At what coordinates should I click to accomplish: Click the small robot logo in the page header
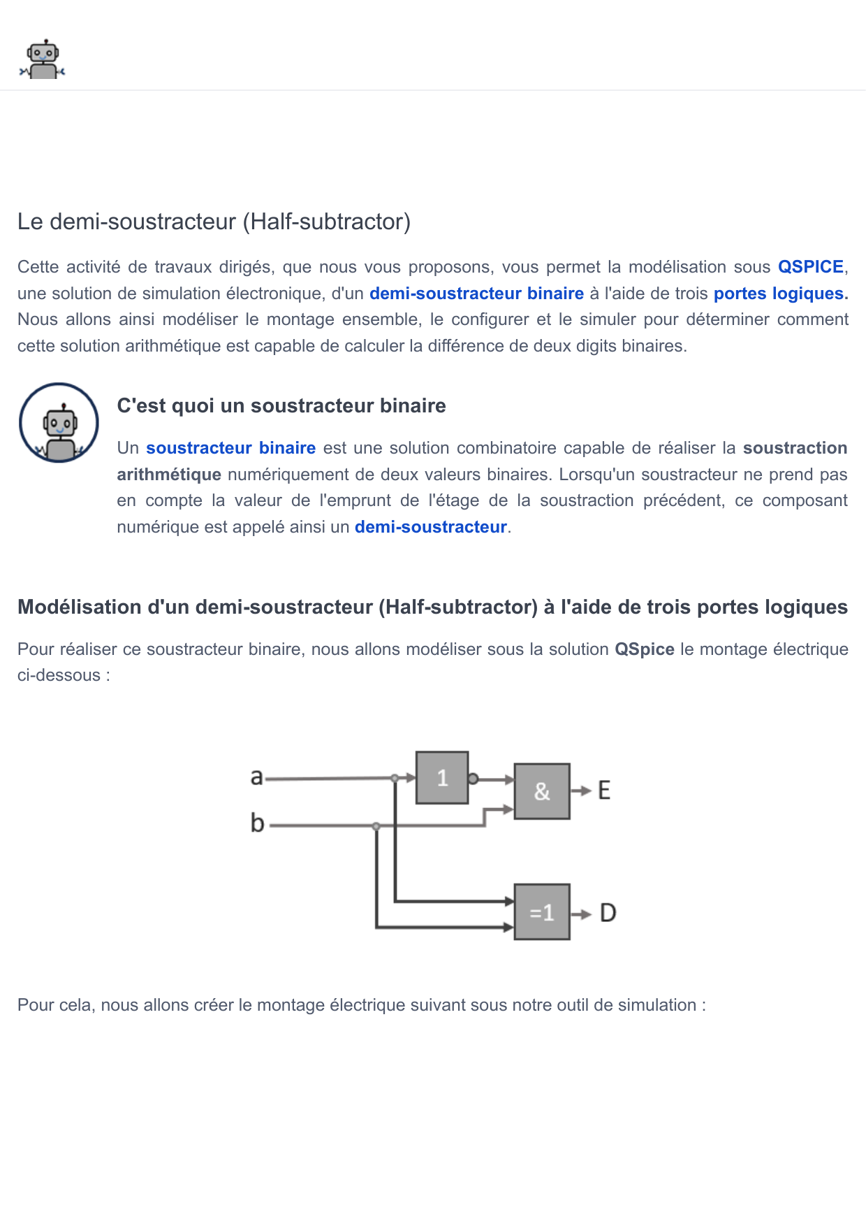point(43,59)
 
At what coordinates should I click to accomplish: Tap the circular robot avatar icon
point(59,423)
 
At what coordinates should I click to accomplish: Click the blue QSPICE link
point(810,267)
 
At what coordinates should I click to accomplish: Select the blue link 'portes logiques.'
point(780,294)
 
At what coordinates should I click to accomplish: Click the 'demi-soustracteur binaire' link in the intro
point(476,294)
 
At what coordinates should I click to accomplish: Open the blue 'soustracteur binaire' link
point(230,448)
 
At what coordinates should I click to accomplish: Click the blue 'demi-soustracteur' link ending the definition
point(430,527)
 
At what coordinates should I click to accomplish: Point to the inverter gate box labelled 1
point(442,778)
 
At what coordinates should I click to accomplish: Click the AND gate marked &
point(542,791)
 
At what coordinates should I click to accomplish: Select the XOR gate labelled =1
point(542,912)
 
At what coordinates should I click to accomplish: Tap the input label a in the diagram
point(257,777)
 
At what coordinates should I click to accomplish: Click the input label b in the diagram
point(257,823)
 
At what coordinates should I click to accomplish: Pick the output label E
point(604,791)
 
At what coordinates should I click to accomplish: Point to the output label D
point(608,913)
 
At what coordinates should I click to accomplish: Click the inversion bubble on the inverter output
point(473,779)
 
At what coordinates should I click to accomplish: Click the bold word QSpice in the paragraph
point(644,649)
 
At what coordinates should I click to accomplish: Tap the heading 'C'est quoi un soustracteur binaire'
point(281,406)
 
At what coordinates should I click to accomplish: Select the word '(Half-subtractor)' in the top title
point(326,222)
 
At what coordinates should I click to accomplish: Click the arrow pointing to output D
point(581,914)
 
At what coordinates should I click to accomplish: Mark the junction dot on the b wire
point(376,826)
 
